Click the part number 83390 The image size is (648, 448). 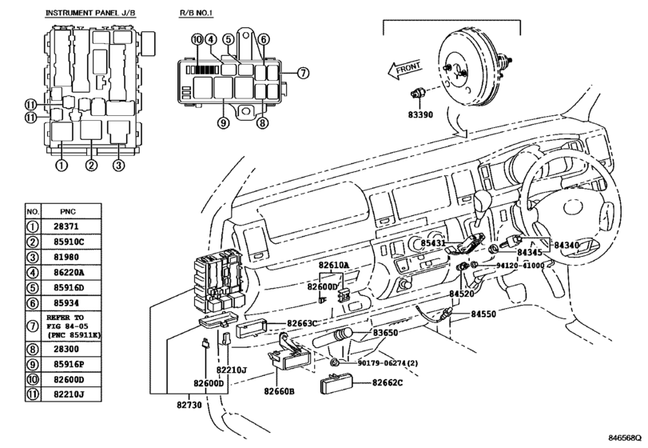420,114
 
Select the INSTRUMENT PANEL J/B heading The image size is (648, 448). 90,13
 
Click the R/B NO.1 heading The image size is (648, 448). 196,13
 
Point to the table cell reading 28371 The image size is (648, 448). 66,226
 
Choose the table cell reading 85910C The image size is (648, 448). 69,242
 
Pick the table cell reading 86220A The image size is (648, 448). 69,272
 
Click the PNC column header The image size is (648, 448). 68,211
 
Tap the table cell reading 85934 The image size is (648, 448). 66,303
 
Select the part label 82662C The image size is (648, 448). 388,382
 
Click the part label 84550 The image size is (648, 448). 483,314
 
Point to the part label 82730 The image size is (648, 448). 189,405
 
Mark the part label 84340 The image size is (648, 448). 567,246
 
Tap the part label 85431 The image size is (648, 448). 434,243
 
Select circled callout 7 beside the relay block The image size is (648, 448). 303,74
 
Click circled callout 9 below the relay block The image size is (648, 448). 223,123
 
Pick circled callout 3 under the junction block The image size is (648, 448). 118,166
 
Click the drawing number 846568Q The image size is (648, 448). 625,438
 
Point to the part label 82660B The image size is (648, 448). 280,391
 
